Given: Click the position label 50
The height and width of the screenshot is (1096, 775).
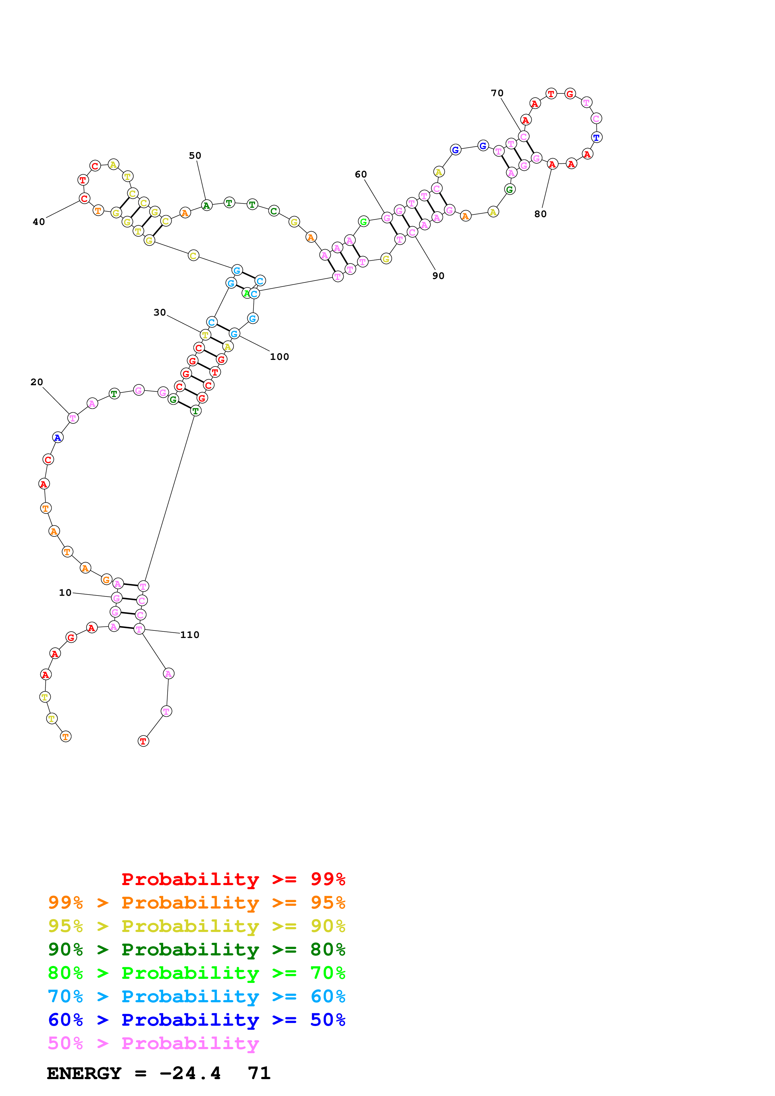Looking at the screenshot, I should coord(195,156).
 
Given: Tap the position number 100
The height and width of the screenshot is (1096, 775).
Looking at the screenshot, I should coord(279,356).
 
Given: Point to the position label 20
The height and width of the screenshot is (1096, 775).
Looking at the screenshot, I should coord(37,382).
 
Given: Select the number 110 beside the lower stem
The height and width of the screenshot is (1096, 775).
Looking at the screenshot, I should coord(189,635).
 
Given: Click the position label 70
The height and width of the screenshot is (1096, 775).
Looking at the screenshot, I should coord(497,93).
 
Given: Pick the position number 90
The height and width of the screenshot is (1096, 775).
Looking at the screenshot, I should coord(438,276).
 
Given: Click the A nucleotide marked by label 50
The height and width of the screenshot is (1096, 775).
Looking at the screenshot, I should coord(206,206).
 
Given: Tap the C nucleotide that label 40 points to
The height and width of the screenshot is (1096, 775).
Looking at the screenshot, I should coord(84,199).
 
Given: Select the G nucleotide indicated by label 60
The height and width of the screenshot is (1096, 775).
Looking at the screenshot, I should coord(387,218).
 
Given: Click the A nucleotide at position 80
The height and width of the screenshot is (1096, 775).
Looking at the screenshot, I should coord(552,164).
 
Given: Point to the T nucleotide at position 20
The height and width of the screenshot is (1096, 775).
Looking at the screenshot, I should coord(73,418).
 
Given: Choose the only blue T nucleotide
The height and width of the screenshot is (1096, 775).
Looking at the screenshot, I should coord(596,137).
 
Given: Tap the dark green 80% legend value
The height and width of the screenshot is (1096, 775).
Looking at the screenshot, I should coord(328,949).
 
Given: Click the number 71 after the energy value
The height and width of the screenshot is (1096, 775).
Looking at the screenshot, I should coord(259,1073).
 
